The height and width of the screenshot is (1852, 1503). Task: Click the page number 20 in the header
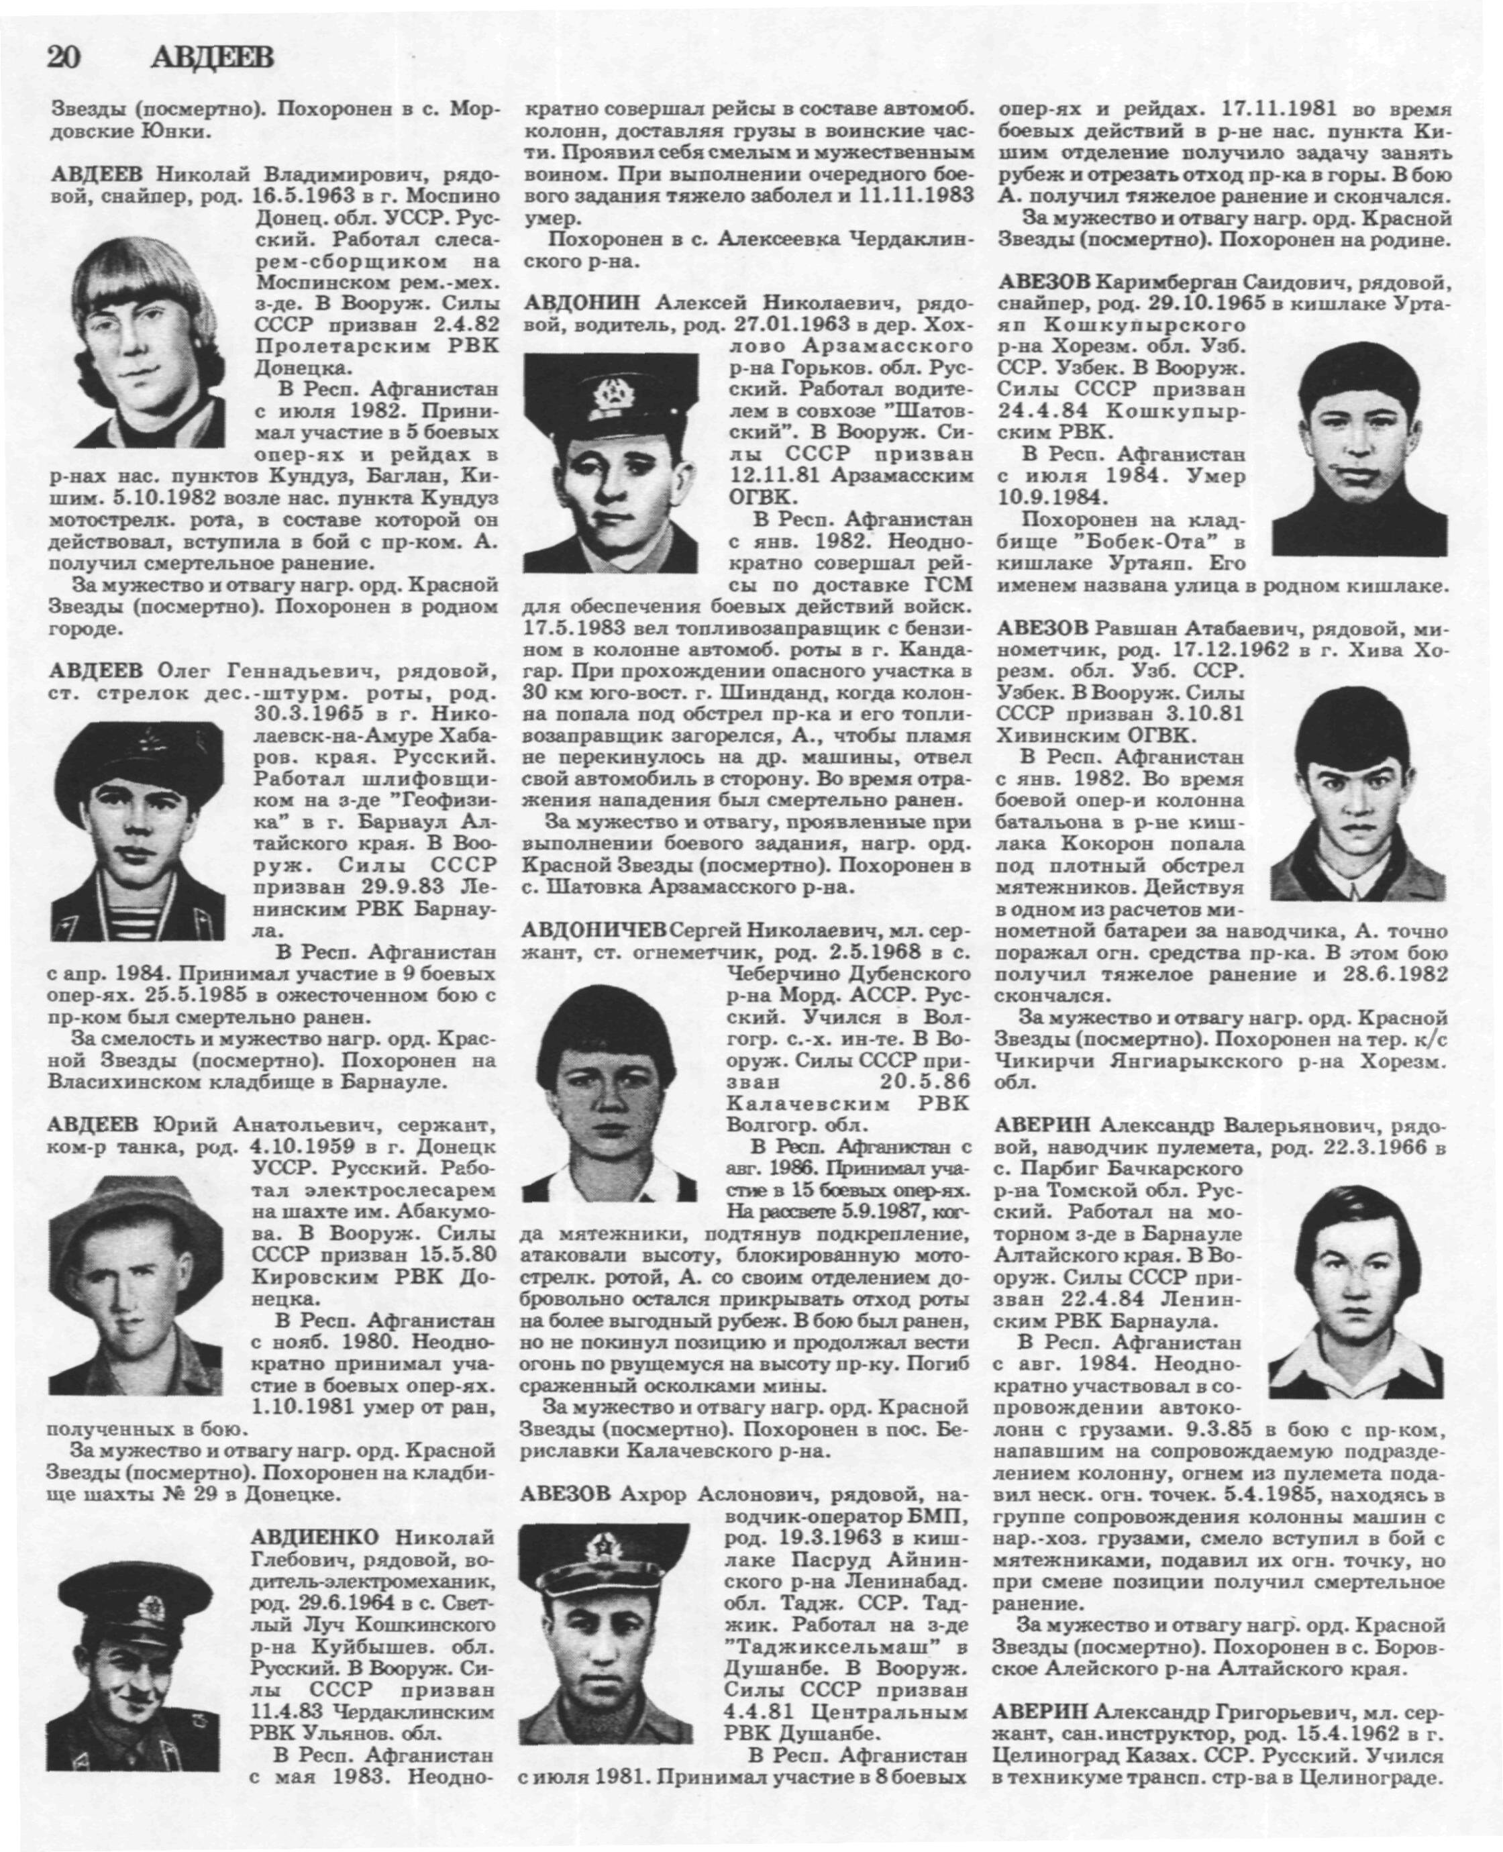click(x=64, y=58)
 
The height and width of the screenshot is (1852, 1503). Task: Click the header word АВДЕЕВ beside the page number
click(x=212, y=58)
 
